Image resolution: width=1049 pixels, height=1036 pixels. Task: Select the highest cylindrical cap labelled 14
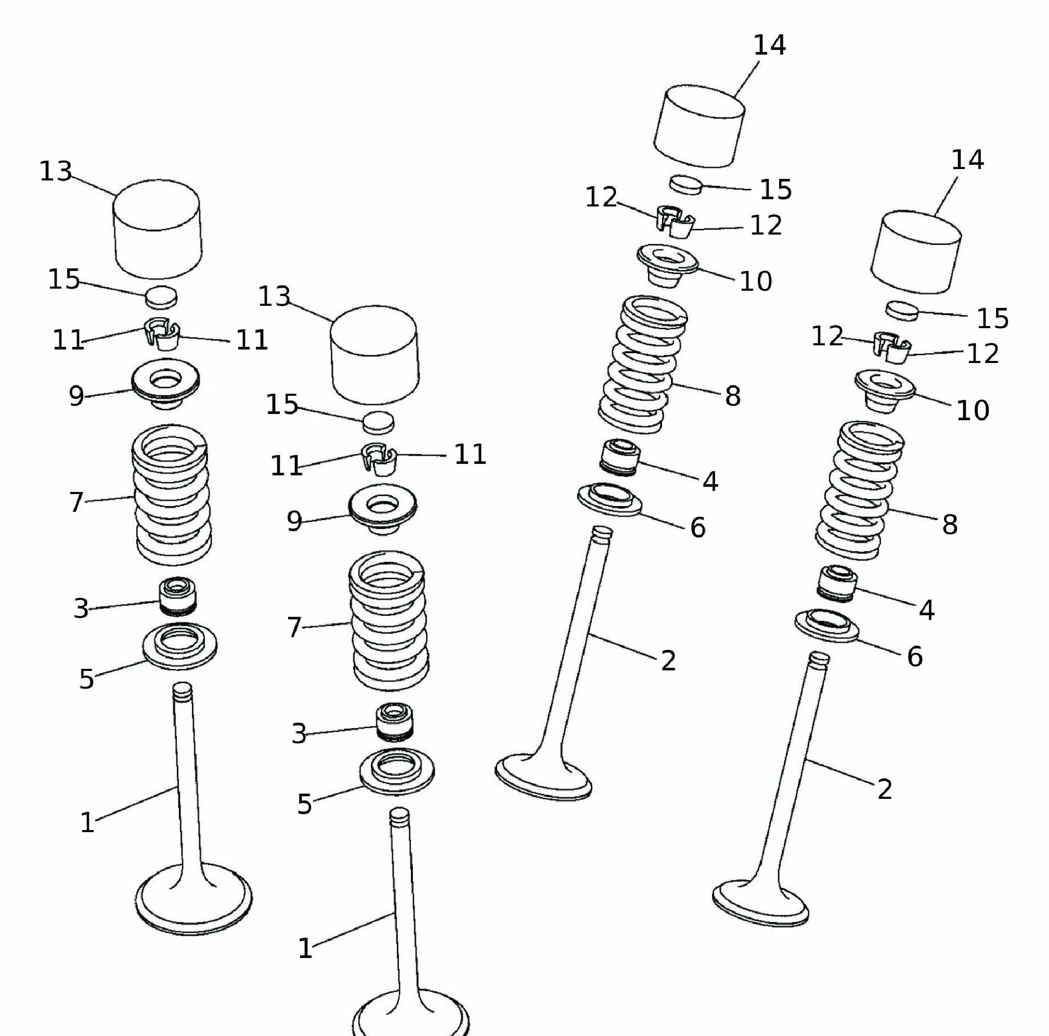(698, 126)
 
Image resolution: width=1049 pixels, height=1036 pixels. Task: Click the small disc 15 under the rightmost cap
(902, 311)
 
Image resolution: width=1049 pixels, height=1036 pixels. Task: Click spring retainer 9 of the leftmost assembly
(165, 384)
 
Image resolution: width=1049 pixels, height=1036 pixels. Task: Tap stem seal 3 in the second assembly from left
(395, 722)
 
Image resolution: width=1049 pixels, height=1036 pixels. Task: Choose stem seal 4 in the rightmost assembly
(837, 584)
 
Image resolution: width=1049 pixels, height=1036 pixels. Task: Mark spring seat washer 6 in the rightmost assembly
(827, 625)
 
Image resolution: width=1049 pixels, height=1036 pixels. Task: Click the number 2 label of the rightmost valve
(885, 789)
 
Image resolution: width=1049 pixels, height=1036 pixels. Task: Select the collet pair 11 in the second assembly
(380, 459)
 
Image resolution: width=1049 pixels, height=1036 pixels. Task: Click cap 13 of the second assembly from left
(374, 354)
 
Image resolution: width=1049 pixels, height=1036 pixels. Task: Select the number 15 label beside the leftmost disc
(64, 279)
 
